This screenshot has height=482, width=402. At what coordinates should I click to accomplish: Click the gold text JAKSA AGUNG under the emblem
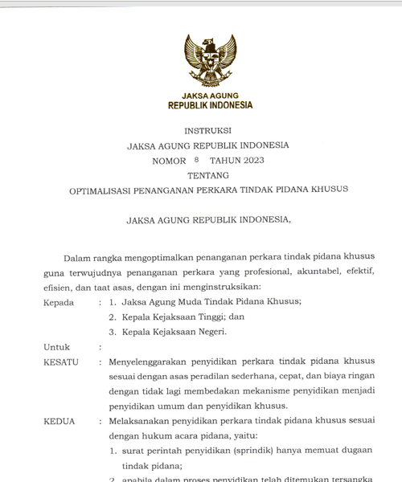tap(209, 95)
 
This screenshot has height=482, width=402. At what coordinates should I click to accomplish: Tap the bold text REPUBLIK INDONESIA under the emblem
tap(209, 105)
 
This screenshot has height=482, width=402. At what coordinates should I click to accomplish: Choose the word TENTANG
tap(208, 175)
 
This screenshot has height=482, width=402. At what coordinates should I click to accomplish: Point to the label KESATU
tap(60, 362)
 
